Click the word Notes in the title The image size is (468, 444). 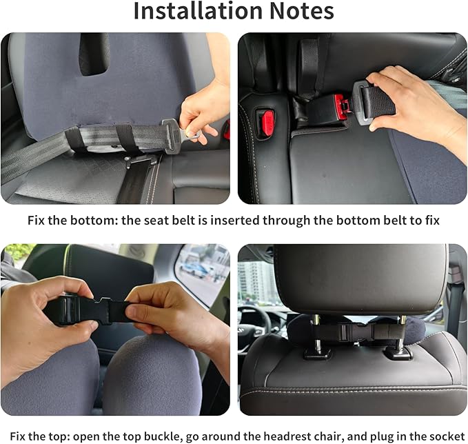click(297, 11)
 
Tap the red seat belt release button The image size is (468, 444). click(266, 123)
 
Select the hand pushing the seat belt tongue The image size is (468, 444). click(414, 97)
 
